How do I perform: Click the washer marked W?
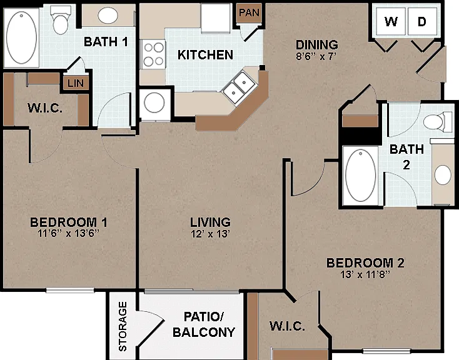coord(391,21)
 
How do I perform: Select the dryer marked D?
coord(422,21)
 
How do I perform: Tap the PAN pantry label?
coord(249,12)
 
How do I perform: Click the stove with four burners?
coord(153,54)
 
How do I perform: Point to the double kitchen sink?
coord(240,86)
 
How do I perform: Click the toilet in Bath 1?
coord(60,19)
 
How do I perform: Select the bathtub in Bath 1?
coord(22,37)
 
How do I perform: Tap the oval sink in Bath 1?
coord(108,15)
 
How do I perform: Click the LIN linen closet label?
coord(76,83)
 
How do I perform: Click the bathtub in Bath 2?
coord(361,176)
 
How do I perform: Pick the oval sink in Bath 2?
coord(443,174)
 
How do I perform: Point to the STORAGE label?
coord(123,326)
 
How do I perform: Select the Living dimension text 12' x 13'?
coord(210,234)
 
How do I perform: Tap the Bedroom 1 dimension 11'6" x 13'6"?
coord(69,233)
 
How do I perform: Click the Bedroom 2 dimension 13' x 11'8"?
coord(365,274)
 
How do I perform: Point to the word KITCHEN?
coord(205,55)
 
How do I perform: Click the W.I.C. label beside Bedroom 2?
coord(287,326)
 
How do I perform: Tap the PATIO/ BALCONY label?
coord(204,324)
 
